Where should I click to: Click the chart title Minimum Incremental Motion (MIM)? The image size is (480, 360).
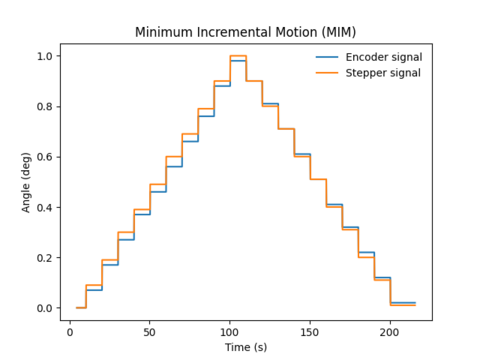245,32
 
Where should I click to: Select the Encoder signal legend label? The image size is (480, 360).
385,57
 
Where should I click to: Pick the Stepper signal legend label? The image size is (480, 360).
384,72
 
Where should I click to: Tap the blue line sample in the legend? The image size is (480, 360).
327,57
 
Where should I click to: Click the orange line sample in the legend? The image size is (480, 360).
327,72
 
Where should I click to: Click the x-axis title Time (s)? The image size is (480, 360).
245,346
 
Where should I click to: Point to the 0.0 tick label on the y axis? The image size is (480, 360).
45,308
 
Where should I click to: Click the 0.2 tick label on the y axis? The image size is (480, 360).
45,258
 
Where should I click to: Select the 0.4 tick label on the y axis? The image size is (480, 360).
45,207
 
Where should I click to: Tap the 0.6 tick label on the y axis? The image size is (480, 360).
45,157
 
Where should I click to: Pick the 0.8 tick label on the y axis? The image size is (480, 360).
45,106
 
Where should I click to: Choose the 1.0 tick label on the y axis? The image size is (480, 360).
45,56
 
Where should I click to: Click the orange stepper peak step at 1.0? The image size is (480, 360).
238,56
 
